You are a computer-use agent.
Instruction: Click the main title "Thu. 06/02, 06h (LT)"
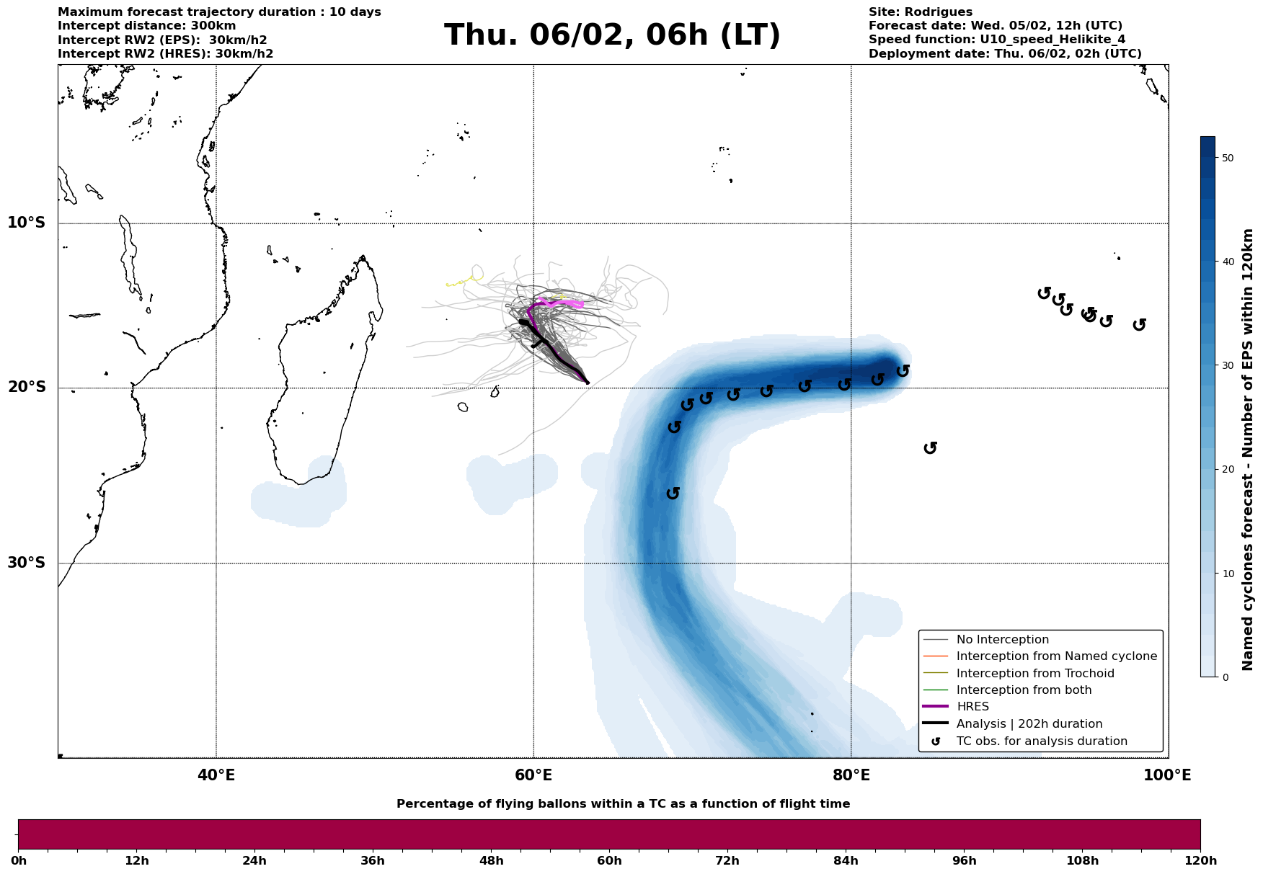coord(612,35)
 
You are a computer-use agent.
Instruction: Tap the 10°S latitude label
coord(27,223)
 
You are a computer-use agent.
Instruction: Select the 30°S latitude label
coord(27,563)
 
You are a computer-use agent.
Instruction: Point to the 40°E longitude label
coord(216,776)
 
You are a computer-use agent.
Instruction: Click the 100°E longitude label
coord(1168,776)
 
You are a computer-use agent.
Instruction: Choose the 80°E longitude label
coord(851,776)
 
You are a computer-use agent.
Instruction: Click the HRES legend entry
coord(972,707)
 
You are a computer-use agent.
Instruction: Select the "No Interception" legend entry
coord(1002,640)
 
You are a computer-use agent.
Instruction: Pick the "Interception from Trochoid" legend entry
coord(1034,674)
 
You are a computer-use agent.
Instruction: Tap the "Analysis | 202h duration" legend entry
coord(1029,724)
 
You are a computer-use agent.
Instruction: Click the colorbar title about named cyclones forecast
coord(1249,450)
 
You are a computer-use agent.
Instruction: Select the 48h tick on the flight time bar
coord(491,861)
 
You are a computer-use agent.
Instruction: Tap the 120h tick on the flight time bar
coord(1200,861)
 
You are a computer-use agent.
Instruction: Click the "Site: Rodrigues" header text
coord(920,12)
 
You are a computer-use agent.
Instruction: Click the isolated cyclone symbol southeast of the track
coord(930,448)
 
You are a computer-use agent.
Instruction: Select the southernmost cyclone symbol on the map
coord(673,494)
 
